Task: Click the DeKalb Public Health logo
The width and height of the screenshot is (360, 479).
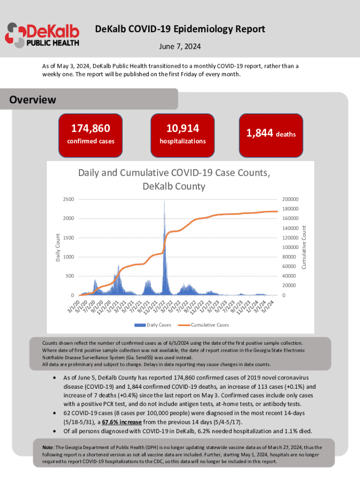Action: (42, 35)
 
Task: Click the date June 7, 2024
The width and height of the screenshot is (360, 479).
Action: (180, 47)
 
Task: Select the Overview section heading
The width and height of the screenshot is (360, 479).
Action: (33, 100)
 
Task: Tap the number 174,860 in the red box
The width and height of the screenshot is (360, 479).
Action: (90, 128)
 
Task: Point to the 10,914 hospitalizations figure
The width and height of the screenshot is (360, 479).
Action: (182, 128)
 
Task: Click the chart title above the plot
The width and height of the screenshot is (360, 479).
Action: (174, 179)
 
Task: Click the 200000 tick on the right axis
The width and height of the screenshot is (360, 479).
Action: (290, 199)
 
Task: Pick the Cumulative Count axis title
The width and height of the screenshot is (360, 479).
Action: (303, 247)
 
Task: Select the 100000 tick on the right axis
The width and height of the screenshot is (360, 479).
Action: (290, 247)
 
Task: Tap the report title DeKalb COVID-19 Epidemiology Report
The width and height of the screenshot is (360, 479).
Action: (180, 29)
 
